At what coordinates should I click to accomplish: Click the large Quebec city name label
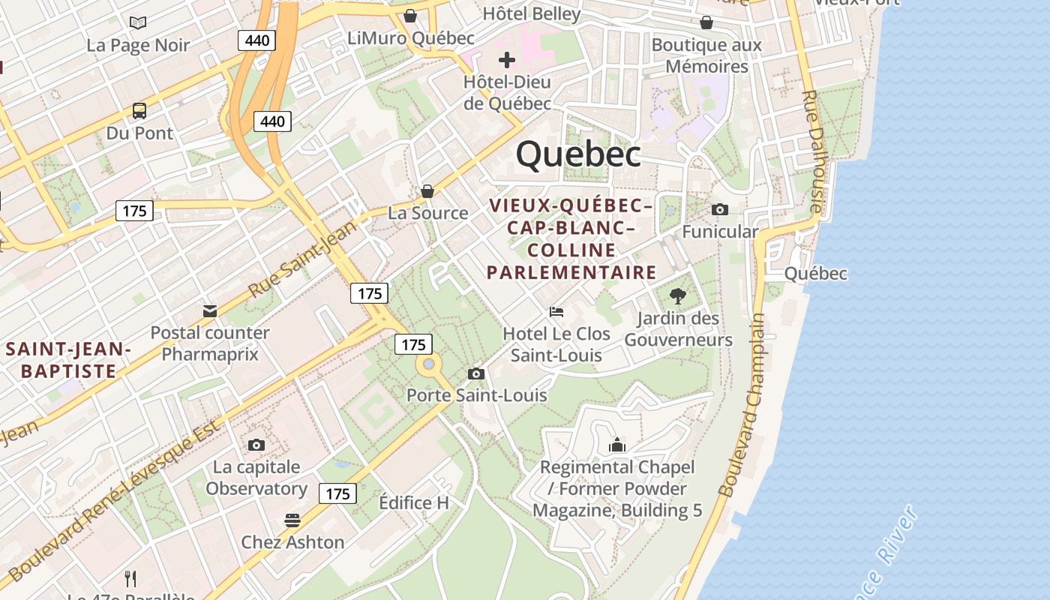coord(578,154)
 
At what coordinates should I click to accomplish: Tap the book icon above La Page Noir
coord(138,22)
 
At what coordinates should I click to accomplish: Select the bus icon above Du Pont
coord(139,111)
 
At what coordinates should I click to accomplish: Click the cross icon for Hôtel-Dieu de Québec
coord(507,59)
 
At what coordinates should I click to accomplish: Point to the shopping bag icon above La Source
coord(427,191)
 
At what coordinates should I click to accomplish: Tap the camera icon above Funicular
coord(720,209)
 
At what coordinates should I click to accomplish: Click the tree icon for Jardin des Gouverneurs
coord(678,296)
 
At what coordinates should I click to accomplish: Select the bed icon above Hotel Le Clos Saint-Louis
coord(556,311)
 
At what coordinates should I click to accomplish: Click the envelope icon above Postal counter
coord(210,310)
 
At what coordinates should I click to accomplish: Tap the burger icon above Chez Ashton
coord(292,520)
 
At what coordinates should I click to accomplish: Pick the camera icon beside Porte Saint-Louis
coord(475,373)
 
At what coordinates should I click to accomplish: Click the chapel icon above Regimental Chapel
coord(617,445)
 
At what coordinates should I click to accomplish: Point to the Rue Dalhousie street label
coord(814,150)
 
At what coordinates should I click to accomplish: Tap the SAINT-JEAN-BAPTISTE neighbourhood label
coord(68,360)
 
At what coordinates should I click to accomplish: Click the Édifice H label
coord(414,502)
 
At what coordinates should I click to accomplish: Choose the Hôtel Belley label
coord(532,13)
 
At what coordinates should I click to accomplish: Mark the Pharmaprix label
coord(210,354)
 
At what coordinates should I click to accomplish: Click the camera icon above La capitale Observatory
coord(256,445)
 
